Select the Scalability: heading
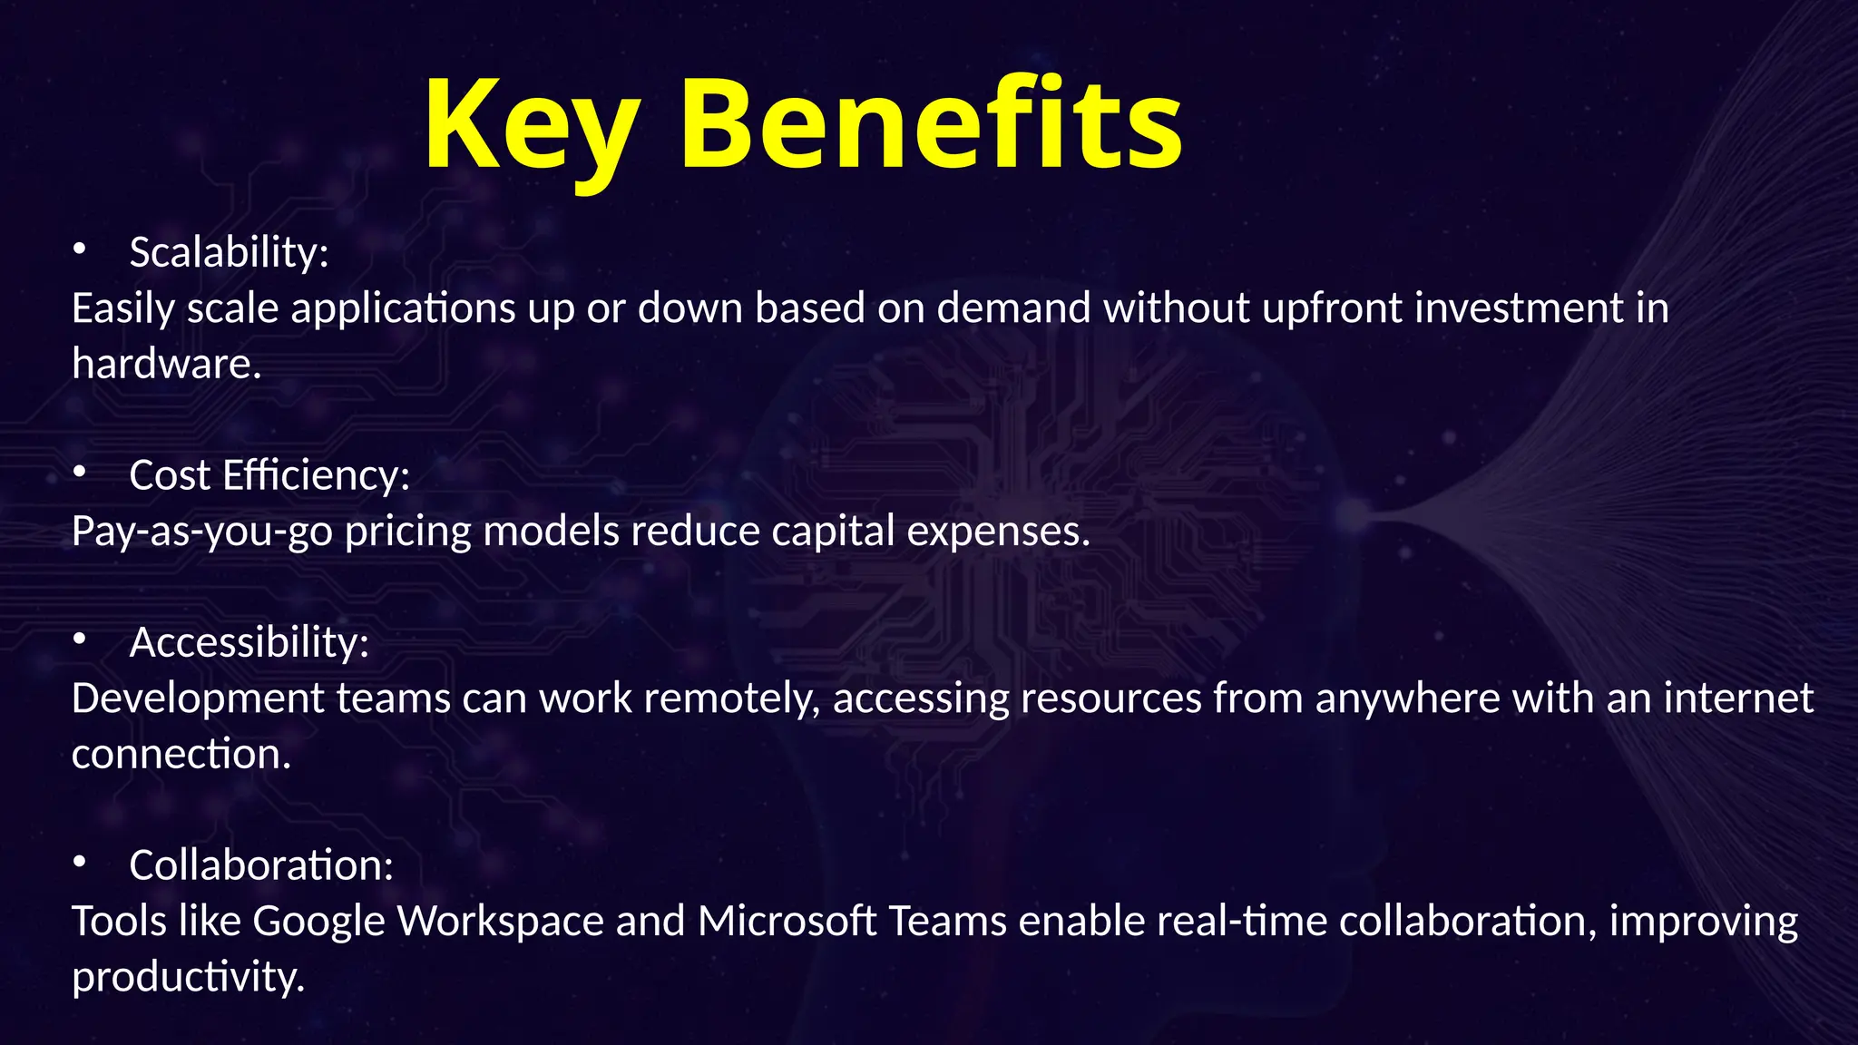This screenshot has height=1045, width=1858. [x=229, y=252]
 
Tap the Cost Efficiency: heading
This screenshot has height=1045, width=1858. [x=269, y=475]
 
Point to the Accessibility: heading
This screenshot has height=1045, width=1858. [x=249, y=642]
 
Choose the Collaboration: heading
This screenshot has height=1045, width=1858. [x=261, y=865]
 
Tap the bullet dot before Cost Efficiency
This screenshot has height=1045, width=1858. [x=80, y=471]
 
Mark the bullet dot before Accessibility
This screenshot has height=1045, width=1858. [x=80, y=639]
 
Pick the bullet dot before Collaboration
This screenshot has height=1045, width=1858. [x=80, y=861]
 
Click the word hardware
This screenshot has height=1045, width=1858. [x=166, y=365]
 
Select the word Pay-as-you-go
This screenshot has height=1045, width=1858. [x=201, y=532]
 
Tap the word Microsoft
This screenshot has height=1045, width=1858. [x=787, y=922]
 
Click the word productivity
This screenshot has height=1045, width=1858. [x=188, y=978]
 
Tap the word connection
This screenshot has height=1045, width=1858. [x=181, y=755]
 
